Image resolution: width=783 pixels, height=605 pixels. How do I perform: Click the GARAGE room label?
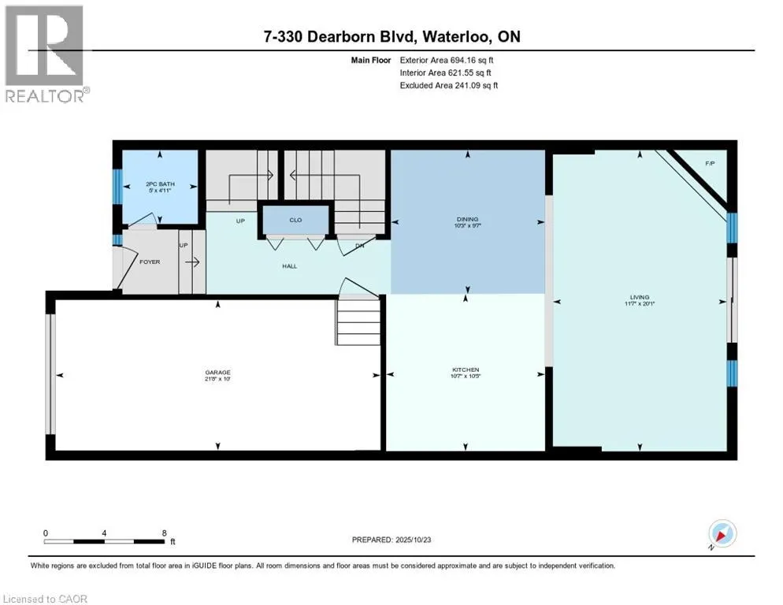218,372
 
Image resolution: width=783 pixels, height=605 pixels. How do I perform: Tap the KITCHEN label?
466,369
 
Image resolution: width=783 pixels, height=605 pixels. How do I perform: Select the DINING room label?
467,219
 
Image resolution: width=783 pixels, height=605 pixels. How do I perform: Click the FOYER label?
150,262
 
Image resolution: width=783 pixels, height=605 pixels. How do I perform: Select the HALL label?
289,267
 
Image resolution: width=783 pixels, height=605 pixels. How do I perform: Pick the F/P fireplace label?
710,163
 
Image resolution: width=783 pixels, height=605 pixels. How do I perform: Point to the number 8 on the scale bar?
164,533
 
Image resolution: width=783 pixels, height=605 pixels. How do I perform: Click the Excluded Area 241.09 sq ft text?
449,85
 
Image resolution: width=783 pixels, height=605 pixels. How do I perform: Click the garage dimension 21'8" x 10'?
218,379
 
